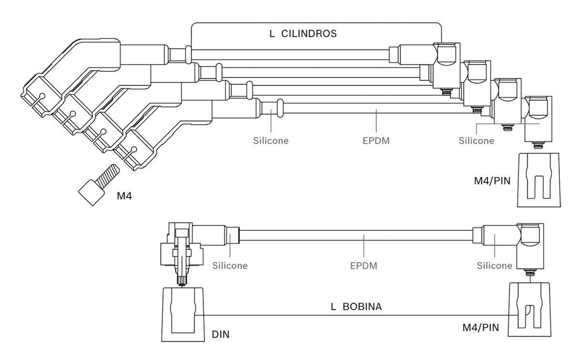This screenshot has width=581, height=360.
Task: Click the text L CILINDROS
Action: (303, 34)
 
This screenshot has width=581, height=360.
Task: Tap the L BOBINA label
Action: (356, 307)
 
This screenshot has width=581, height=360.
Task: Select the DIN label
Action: (220, 334)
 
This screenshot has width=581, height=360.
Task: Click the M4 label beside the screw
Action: (124, 196)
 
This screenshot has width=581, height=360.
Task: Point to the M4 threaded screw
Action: (99, 185)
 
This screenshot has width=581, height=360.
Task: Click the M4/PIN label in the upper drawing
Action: (492, 181)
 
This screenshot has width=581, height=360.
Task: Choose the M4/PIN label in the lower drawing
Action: (481, 328)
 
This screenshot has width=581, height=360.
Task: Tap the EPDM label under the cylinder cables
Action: (376, 141)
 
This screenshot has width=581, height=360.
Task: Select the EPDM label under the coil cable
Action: (364, 266)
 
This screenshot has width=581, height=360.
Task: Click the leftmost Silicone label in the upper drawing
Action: (271, 141)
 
